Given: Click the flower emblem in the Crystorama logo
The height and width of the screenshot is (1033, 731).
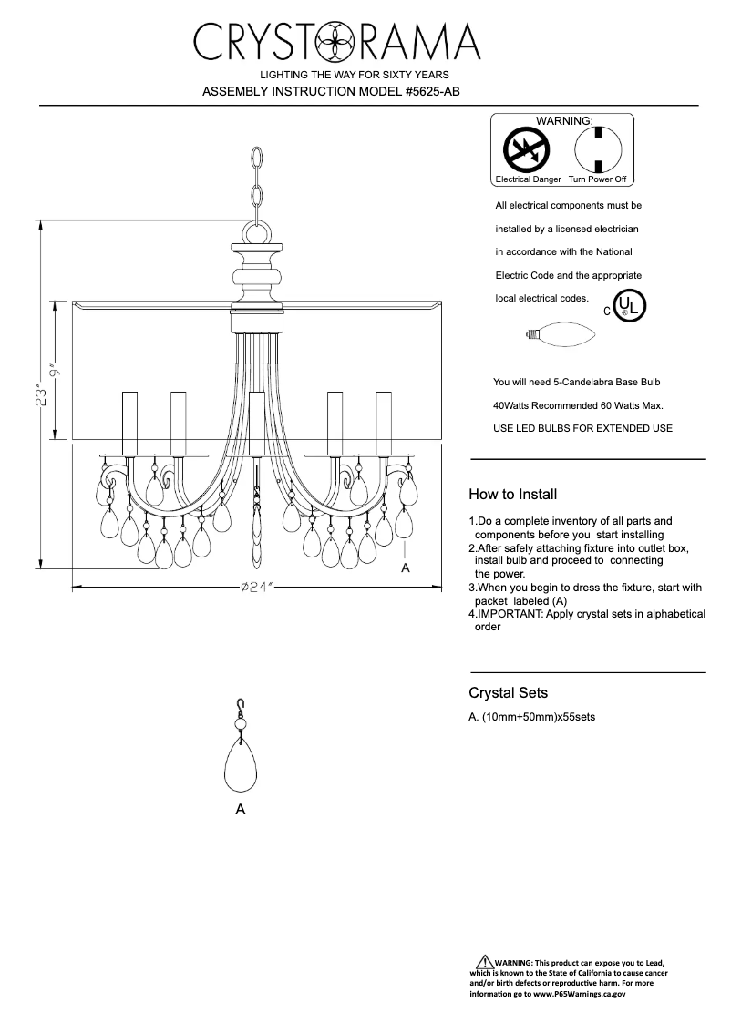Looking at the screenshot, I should click(x=337, y=41).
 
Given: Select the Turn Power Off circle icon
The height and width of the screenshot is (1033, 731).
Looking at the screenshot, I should click(x=597, y=148).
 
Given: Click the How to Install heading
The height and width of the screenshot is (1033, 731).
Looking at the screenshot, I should click(x=512, y=496).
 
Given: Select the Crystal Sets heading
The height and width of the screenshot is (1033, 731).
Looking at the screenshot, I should click(x=508, y=693).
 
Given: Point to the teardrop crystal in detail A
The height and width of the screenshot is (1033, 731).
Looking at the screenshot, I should click(x=241, y=764).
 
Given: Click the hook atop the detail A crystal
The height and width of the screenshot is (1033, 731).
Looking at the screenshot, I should click(x=241, y=703).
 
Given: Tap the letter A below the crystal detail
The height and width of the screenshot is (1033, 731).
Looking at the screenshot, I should click(x=240, y=809).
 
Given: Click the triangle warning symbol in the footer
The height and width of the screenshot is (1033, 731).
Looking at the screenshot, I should click(x=484, y=962).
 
